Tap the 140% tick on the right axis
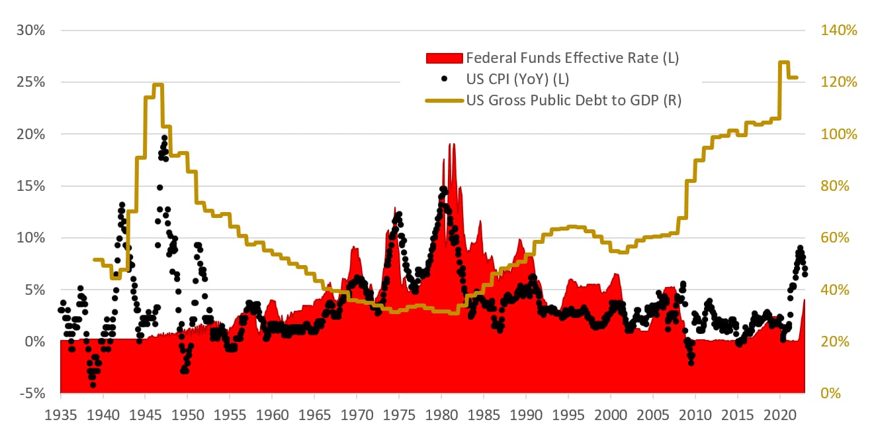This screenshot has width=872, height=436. tap(839, 30)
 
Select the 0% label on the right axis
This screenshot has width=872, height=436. tap(832, 394)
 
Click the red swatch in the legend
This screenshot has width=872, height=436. tap(444, 58)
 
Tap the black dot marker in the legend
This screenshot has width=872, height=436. tap(445, 79)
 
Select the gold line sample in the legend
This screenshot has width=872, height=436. tap(444, 100)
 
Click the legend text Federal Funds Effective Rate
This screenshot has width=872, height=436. tap(572, 58)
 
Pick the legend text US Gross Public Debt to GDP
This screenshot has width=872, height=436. tap(574, 101)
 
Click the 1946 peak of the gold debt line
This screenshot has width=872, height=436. tap(157, 85)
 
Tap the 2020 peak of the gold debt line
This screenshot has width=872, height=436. tap(783, 62)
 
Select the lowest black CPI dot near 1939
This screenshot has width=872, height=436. tap(93, 384)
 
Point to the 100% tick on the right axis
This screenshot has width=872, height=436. tap(839, 134)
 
